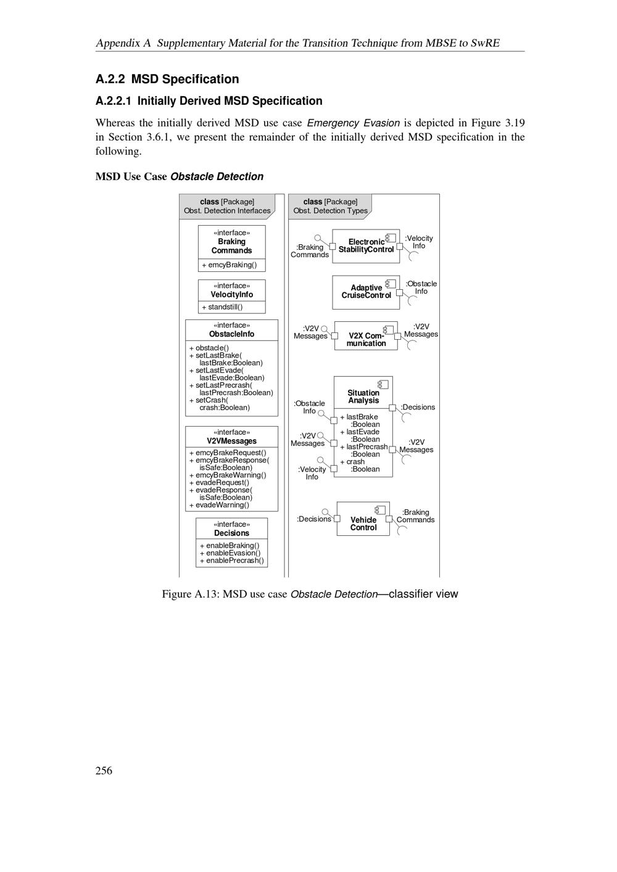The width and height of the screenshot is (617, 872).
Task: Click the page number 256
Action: click(x=104, y=770)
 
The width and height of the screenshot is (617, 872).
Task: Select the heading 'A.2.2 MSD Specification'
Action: click(x=167, y=79)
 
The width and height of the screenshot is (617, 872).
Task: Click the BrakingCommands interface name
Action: click(x=232, y=246)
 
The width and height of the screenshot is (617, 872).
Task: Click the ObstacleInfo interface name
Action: click(x=231, y=334)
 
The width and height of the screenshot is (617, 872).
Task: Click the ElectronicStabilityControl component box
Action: click(x=366, y=246)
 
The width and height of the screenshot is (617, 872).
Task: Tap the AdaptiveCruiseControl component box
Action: click(x=366, y=292)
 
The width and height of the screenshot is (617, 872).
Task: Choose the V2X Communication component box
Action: click(x=366, y=336)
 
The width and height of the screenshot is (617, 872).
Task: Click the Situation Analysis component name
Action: click(x=363, y=397)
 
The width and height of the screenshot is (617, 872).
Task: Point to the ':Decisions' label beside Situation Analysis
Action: click(x=418, y=407)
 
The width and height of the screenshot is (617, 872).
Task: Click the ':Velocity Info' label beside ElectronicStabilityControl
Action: click(x=419, y=242)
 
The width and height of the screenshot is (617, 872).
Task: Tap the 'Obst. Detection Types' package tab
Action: click(x=330, y=206)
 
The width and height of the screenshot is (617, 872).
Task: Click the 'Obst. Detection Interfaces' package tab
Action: click(x=227, y=206)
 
